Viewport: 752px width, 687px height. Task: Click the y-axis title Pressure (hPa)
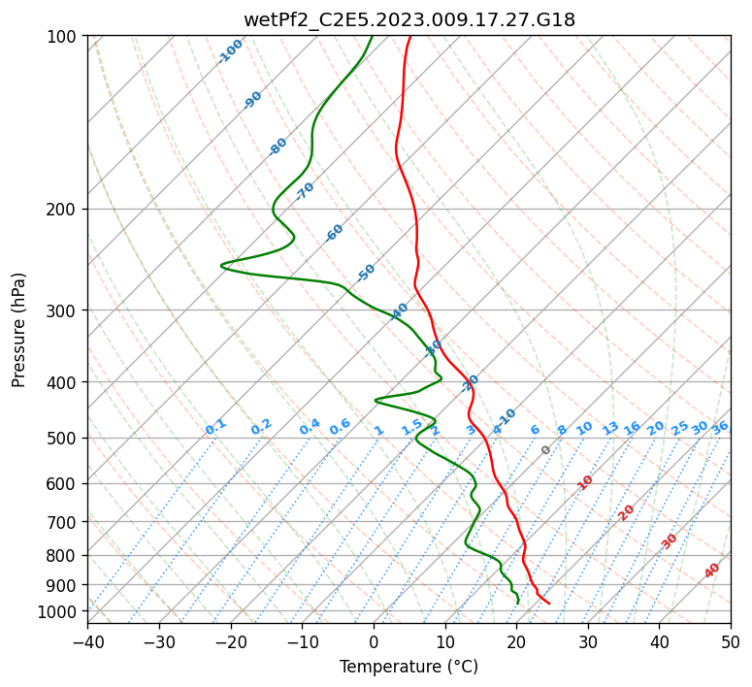(19, 329)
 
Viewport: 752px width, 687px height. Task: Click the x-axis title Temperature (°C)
(409, 667)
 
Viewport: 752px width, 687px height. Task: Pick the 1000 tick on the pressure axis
(60, 611)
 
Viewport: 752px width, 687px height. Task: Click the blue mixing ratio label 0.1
(215, 426)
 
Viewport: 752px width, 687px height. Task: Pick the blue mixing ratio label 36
(720, 427)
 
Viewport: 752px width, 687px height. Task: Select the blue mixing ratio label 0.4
(310, 427)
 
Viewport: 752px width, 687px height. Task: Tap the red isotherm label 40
(712, 571)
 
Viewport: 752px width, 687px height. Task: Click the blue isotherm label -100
(230, 51)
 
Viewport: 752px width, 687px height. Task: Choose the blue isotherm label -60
(335, 233)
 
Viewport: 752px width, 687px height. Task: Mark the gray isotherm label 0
(546, 450)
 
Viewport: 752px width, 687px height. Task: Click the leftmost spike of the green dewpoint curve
(221, 264)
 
